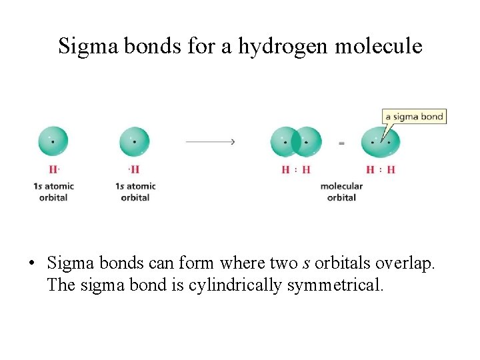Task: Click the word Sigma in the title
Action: [x=83, y=46]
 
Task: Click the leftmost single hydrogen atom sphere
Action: [x=53, y=141]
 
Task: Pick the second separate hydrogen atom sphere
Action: [x=135, y=141]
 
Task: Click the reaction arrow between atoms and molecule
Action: [x=210, y=141]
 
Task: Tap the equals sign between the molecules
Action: [x=341, y=142]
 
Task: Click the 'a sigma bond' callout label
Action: [x=413, y=117]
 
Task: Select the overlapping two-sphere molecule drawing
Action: [x=296, y=141]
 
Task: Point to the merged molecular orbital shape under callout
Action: [x=381, y=141]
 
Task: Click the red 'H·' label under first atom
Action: [x=54, y=169]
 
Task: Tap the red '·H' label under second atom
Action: [x=135, y=169]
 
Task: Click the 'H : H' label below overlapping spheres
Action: [x=296, y=169]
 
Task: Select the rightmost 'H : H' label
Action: [x=381, y=169]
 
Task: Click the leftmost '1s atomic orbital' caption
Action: [x=53, y=191]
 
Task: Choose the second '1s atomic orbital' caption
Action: [x=135, y=191]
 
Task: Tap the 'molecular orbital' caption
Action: [x=341, y=191]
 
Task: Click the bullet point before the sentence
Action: [x=32, y=264]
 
